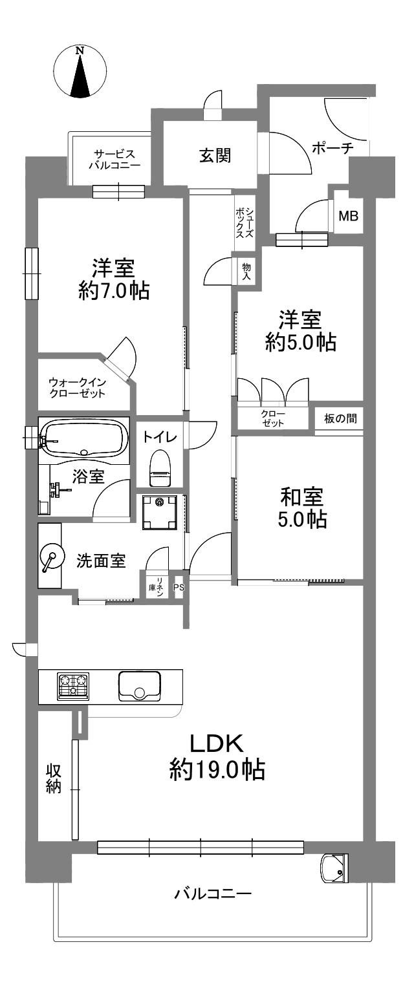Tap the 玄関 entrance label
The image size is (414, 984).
(215, 156)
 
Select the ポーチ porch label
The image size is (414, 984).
(332, 148)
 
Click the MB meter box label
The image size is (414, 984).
(349, 216)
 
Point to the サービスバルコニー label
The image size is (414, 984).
(114, 160)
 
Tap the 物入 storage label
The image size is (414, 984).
(246, 271)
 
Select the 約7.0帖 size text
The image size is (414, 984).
(114, 291)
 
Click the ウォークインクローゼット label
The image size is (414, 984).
(78, 387)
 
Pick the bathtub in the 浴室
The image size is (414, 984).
(83, 438)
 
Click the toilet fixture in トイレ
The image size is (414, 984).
(160, 468)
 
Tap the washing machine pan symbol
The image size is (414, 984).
(160, 512)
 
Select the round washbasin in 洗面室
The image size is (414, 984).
(50, 559)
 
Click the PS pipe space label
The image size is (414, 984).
(179, 587)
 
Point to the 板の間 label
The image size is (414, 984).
(340, 418)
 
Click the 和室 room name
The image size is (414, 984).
(302, 497)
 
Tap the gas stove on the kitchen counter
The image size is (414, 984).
(73, 687)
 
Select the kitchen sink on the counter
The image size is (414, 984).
(139, 686)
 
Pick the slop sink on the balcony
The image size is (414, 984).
(335, 867)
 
